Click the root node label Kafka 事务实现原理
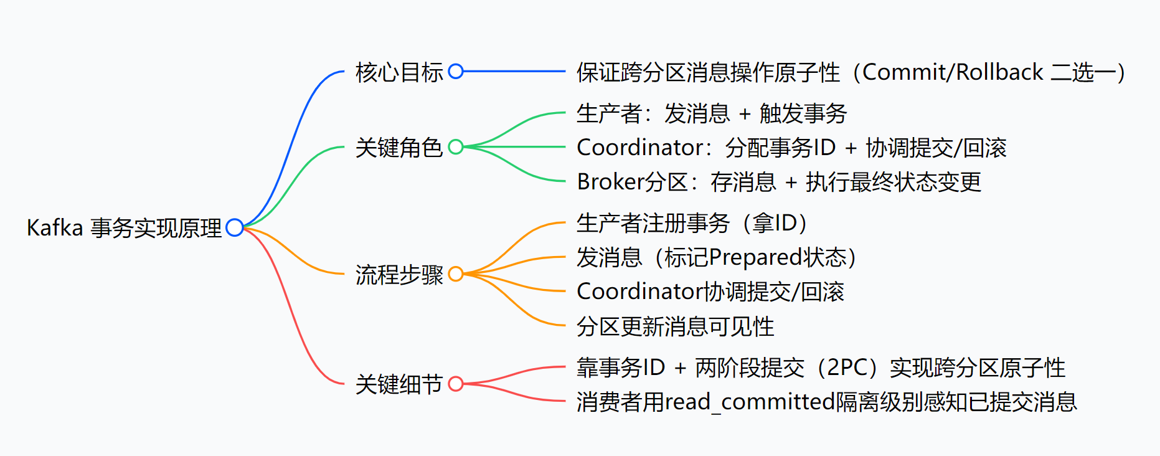(x=124, y=228)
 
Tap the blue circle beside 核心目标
(x=456, y=72)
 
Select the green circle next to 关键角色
(x=456, y=147)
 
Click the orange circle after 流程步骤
(x=456, y=274)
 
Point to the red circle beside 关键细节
(x=456, y=384)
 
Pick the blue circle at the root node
(x=235, y=227)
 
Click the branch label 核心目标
(x=399, y=72)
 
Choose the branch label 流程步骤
(x=399, y=275)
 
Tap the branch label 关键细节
(x=399, y=384)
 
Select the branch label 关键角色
(x=399, y=148)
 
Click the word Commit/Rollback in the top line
(x=953, y=72)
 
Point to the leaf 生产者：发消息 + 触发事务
(x=712, y=113)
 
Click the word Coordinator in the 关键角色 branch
(x=640, y=148)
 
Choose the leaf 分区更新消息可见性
(x=675, y=326)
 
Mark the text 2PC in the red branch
(x=847, y=368)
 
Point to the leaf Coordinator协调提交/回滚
(x=710, y=292)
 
